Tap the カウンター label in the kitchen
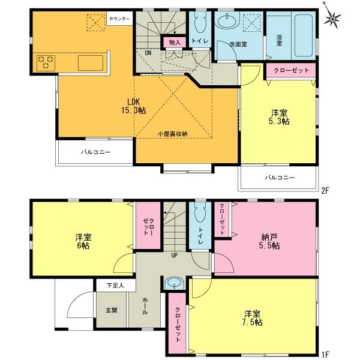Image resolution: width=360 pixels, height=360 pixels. point(119,19)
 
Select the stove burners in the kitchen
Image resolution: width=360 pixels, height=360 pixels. point(46,62)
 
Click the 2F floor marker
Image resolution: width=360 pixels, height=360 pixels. point(325,191)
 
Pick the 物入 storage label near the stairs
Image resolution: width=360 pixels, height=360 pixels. point(175,42)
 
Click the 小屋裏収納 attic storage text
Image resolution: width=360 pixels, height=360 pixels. point(173,134)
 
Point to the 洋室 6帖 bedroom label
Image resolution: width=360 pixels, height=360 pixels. point(79,238)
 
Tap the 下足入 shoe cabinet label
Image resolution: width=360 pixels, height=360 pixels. point(115,285)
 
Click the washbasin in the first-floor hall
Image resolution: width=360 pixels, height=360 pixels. point(175,283)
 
